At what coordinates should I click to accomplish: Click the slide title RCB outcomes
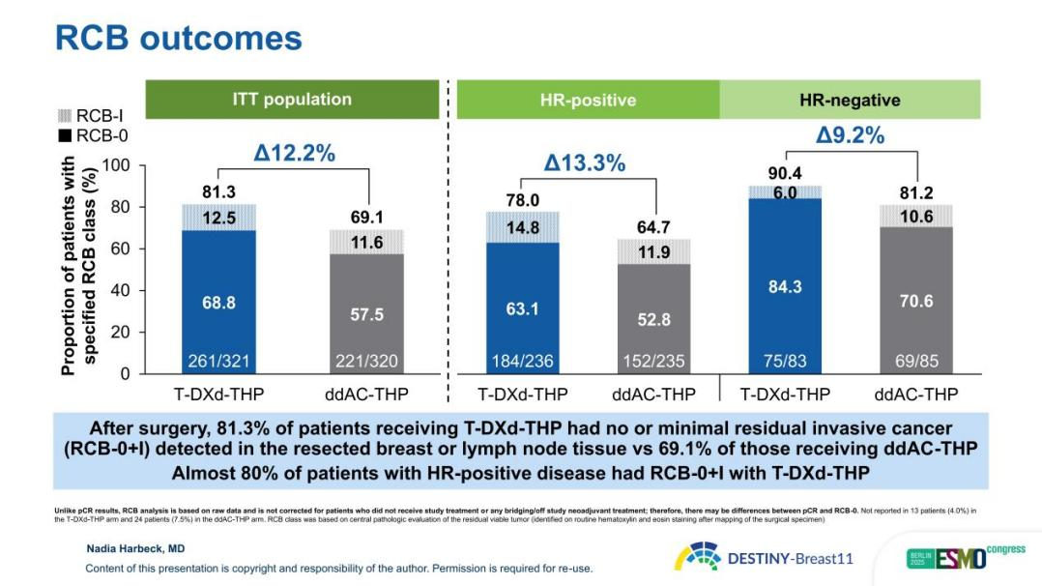[x=179, y=38]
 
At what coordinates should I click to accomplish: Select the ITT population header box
[x=292, y=100]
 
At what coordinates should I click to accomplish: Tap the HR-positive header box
[x=588, y=100]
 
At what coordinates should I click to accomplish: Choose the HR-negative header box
[x=850, y=100]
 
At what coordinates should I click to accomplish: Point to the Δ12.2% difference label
[x=294, y=153]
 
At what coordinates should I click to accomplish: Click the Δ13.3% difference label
[x=584, y=163]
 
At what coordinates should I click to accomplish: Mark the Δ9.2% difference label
[x=850, y=135]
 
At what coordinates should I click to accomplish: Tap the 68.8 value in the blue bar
[x=219, y=304]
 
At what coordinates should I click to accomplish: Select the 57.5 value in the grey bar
[x=366, y=314]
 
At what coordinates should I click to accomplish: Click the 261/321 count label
[x=219, y=362]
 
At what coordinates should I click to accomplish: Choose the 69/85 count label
[x=916, y=362]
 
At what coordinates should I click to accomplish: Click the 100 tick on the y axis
[x=116, y=165]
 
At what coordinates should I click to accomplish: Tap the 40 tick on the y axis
[x=120, y=290]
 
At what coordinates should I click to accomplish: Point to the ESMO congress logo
[x=951, y=557]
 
